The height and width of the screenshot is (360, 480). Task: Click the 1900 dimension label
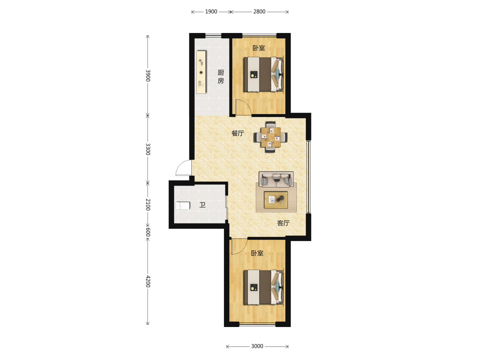point(211,12)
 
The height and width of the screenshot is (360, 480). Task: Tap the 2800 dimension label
point(259,12)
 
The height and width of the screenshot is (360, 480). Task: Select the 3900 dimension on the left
point(148,76)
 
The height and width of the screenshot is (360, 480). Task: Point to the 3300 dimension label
point(148,149)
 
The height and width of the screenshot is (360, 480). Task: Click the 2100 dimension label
point(148,205)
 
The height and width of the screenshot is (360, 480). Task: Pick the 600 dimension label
point(148,232)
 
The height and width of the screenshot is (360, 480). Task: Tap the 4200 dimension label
point(148,282)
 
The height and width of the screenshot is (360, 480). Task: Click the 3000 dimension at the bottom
point(257,346)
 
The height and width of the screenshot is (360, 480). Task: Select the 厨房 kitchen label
point(221,77)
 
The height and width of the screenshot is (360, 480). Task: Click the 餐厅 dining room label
point(238,133)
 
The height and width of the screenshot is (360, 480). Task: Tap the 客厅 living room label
point(283,223)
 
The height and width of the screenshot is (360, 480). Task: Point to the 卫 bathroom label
point(202,205)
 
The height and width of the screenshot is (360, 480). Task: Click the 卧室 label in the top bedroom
point(259,48)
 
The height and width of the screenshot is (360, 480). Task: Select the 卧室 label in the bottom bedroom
point(257,253)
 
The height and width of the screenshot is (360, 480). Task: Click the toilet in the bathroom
point(183,206)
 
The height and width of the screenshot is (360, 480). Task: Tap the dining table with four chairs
point(271,137)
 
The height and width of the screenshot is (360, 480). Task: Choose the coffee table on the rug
point(276,200)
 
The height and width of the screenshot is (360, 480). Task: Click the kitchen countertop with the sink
point(201,72)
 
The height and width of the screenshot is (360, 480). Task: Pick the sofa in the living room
point(276,179)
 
